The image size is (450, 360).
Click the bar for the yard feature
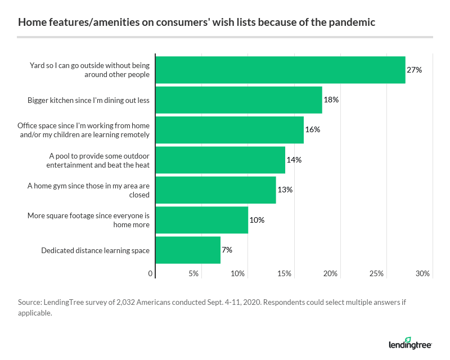click(x=280, y=70)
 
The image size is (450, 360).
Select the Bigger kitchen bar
click(x=238, y=100)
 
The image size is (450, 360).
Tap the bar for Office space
click(x=229, y=130)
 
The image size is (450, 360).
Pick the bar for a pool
click(x=220, y=160)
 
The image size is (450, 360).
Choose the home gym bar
click(x=215, y=190)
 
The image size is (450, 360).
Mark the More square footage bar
click(x=201, y=220)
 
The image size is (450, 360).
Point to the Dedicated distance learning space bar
click(x=188, y=250)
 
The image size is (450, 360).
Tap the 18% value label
click(x=331, y=100)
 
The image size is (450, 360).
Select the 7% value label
click(x=227, y=250)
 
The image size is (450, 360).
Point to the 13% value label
click(x=285, y=190)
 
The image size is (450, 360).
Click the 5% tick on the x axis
click(x=194, y=274)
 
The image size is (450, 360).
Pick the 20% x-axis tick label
click(x=330, y=274)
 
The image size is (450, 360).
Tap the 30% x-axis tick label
click(x=422, y=274)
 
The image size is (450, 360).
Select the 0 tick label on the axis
click(x=151, y=274)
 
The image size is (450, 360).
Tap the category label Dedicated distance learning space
click(x=95, y=250)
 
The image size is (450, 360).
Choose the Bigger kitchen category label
click(x=88, y=100)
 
